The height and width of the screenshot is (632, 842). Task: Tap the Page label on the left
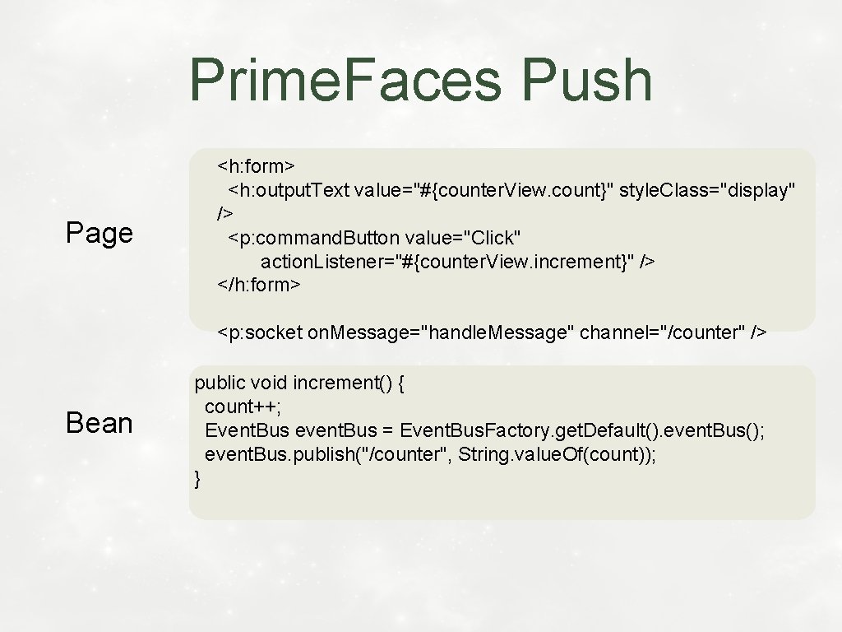click(x=99, y=233)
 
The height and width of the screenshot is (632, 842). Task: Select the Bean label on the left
click(x=99, y=423)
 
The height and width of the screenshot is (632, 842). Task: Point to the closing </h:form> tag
click(x=259, y=285)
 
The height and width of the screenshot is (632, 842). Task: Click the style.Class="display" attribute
click(x=706, y=190)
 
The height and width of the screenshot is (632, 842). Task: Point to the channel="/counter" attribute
click(x=662, y=332)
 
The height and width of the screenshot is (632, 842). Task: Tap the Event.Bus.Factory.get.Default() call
click(x=529, y=430)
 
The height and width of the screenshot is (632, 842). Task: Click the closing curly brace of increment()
click(x=197, y=478)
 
